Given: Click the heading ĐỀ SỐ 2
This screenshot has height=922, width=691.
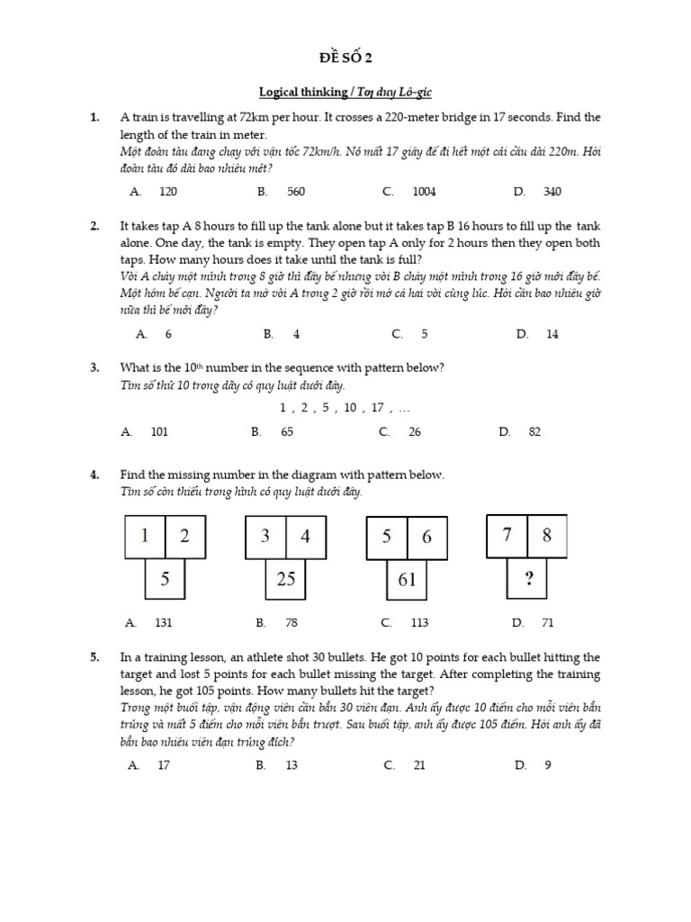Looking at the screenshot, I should [x=345, y=59].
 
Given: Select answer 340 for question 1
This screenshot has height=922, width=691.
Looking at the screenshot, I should [x=552, y=192].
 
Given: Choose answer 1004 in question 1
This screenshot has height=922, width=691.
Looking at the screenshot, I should [x=424, y=192].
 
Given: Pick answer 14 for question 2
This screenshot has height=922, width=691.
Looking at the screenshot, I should [x=552, y=334].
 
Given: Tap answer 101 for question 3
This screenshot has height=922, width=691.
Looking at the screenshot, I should [x=159, y=432].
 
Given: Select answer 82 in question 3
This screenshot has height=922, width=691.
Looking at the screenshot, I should [x=534, y=432].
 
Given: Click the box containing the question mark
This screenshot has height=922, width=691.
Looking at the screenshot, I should [x=529, y=578].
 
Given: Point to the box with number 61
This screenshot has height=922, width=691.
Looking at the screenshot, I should [x=407, y=579].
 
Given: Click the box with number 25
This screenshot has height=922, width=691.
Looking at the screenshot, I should [x=286, y=579].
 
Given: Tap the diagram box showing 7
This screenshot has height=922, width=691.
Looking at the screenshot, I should [x=507, y=535].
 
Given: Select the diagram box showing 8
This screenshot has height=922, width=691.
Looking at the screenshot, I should [x=547, y=535].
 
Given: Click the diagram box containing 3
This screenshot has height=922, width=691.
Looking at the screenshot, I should [x=265, y=537].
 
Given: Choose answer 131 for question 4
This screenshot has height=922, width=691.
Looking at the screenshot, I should [x=163, y=622].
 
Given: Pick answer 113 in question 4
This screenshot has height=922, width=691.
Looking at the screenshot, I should [x=418, y=622].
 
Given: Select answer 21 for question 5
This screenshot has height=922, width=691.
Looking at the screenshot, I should [x=418, y=765].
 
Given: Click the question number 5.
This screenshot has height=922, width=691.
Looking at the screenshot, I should [x=94, y=658].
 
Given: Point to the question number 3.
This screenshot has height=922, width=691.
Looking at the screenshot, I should [x=94, y=367].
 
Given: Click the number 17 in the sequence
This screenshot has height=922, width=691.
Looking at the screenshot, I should [x=378, y=408].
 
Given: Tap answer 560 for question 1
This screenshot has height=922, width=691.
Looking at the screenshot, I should [x=296, y=192].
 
